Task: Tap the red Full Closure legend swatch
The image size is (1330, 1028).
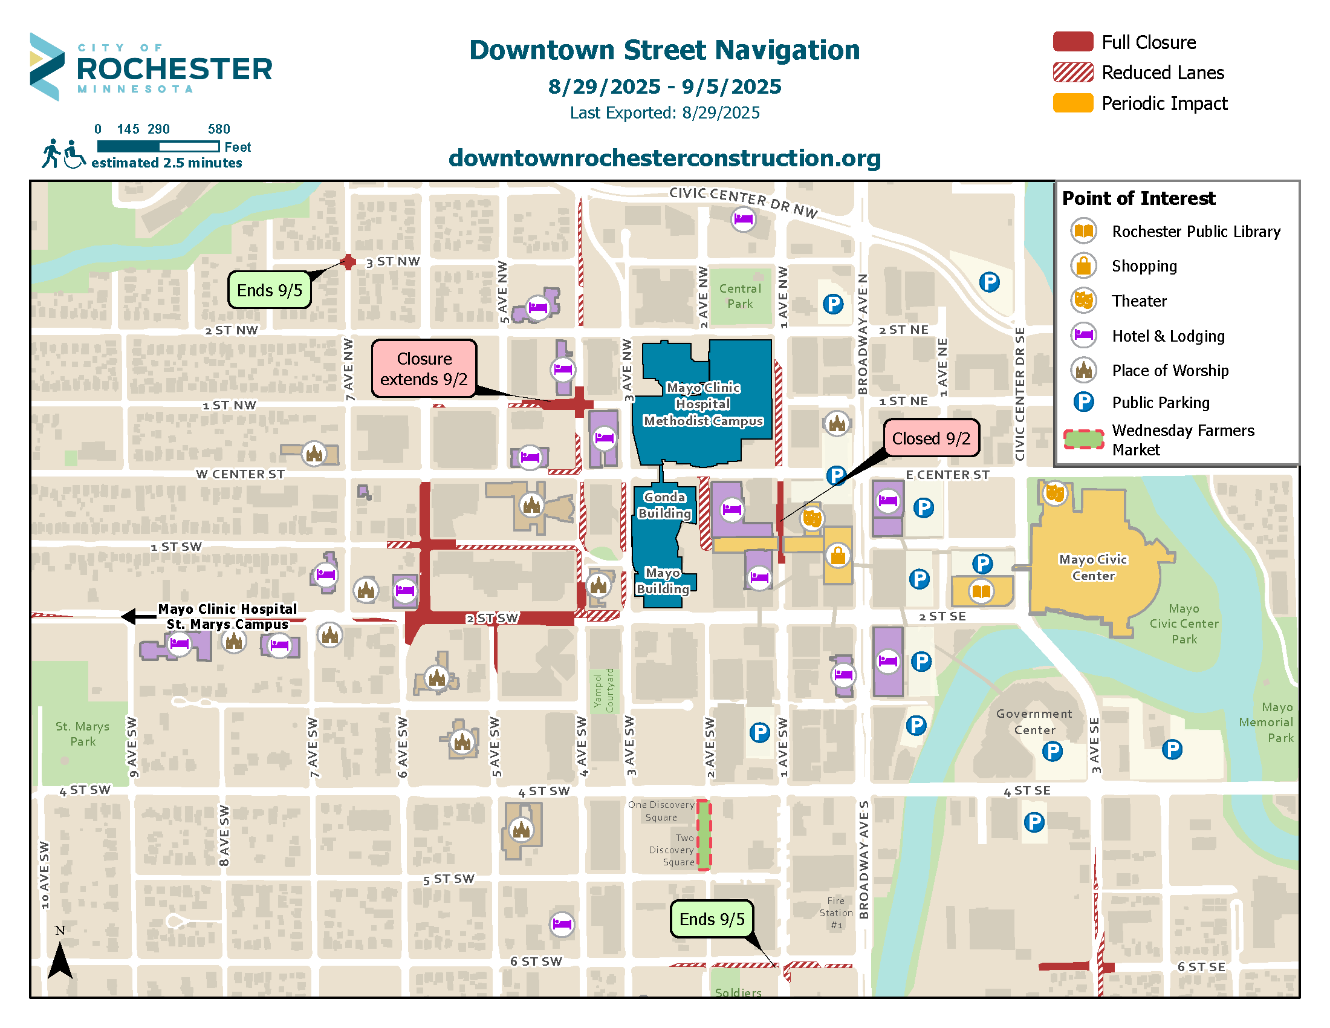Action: [x=1072, y=41]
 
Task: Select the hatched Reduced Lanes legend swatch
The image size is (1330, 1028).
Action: [x=1072, y=72]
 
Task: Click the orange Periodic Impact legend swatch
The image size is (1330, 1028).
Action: [x=1072, y=102]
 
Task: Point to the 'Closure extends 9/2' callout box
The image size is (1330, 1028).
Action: [x=424, y=368]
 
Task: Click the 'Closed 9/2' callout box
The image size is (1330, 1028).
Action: [x=930, y=438]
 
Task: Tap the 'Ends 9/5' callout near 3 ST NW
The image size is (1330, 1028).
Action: [x=269, y=290]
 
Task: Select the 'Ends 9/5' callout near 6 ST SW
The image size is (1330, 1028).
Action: [x=712, y=919]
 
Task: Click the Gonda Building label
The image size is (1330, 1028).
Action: [x=664, y=505]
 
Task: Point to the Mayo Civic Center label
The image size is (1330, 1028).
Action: [x=1092, y=567]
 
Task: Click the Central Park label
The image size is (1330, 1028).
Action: [x=739, y=296]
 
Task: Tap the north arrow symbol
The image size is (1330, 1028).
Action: [x=60, y=958]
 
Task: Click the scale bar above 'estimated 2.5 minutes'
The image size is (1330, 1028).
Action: [x=158, y=146]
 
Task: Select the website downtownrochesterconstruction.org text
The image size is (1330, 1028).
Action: [x=664, y=158]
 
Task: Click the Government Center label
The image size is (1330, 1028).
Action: [x=1033, y=721]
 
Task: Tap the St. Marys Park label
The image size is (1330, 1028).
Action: [x=82, y=734]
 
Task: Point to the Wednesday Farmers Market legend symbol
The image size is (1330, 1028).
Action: [x=1083, y=439]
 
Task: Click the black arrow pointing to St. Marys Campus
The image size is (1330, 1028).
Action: [x=138, y=616]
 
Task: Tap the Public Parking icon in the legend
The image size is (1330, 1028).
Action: [x=1083, y=402]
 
